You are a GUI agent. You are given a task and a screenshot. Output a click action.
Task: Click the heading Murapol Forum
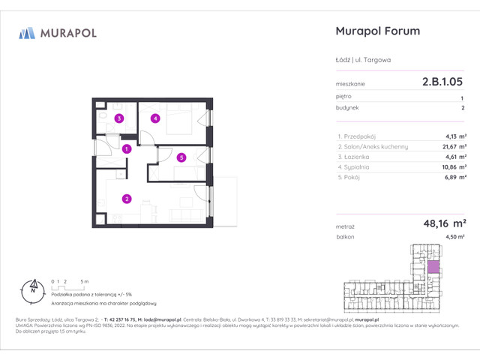pyautogui.click(x=375, y=31)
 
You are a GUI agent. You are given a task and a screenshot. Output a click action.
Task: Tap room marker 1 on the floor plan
pyautogui.click(x=127, y=148)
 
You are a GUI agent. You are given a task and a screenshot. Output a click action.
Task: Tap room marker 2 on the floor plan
pyautogui.click(x=127, y=199)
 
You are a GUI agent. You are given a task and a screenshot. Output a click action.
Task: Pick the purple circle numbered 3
pyautogui.click(x=118, y=118)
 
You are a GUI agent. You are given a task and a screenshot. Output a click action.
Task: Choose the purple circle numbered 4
pyautogui.click(x=154, y=118)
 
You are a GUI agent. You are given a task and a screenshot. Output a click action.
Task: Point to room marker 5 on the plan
pyautogui.click(x=181, y=157)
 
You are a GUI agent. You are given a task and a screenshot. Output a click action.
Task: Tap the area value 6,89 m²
pyautogui.click(x=452, y=177)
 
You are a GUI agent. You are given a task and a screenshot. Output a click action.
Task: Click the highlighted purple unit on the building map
pyautogui.click(x=433, y=264)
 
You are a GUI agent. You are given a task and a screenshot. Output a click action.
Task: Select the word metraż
pyautogui.click(x=346, y=224)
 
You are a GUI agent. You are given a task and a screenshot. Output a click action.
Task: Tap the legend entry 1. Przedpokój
pyautogui.click(x=358, y=136)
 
